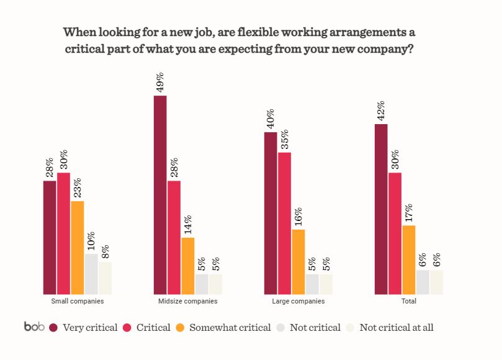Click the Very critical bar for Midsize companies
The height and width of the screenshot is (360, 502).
(160, 195)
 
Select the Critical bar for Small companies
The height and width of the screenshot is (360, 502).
(63, 233)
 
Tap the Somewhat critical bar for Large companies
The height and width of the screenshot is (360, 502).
(298, 261)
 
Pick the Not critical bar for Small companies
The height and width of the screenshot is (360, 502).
(91, 274)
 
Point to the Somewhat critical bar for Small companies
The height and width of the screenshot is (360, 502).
(78, 248)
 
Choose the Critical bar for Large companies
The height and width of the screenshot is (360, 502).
(285, 223)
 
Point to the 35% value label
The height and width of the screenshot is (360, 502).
(285, 139)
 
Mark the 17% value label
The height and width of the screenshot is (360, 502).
(409, 213)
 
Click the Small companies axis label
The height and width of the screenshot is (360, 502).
(78, 301)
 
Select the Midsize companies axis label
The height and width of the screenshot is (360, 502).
(188, 301)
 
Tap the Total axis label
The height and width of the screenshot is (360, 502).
(409, 301)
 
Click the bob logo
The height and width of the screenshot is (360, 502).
(34, 326)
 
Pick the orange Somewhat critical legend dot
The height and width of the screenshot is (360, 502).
(181, 327)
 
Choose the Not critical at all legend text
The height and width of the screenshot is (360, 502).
(396, 327)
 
